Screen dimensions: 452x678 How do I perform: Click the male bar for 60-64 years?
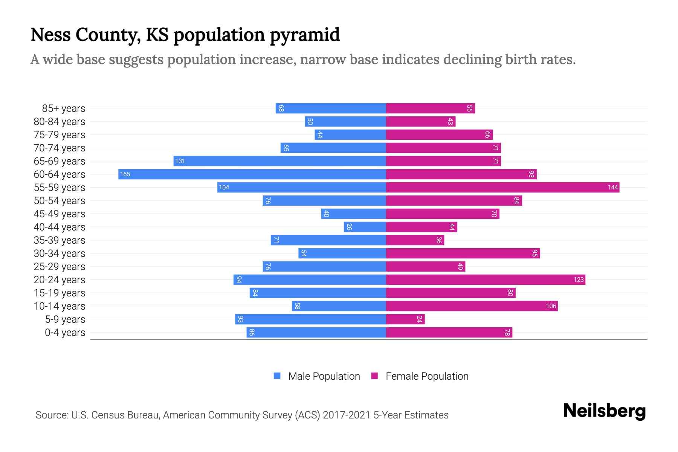coord(252,174)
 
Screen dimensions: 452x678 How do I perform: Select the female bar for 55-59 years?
coord(502,187)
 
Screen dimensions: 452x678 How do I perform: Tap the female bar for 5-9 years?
coord(405,319)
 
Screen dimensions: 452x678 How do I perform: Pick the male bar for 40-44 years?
coord(365,227)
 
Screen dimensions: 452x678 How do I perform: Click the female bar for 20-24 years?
coord(485,279)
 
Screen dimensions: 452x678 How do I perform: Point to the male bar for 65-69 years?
coord(279,161)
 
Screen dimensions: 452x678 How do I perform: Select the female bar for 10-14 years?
coord(472,306)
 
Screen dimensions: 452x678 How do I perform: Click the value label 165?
coord(125,174)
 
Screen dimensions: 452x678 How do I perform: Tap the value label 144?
coord(612,187)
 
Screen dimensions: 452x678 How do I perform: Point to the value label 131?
coord(180,161)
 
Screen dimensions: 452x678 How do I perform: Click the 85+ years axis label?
coord(63,108)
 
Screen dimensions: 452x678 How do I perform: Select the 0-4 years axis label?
coord(65,333)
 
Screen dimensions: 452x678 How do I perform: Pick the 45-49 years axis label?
coord(60,214)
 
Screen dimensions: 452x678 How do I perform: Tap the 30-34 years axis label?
coord(60,253)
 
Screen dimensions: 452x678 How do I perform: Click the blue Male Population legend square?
coord(277,376)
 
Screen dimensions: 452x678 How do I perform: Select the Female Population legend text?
coord(427,376)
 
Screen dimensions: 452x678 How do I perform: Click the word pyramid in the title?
coord(305,35)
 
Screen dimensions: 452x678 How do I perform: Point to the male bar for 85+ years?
coord(331,108)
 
